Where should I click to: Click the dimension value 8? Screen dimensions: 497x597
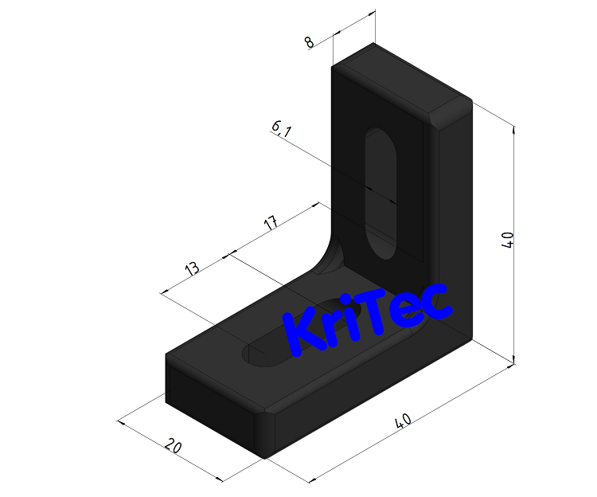310,42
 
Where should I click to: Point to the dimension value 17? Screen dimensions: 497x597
271,222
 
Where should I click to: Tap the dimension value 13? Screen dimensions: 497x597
192,268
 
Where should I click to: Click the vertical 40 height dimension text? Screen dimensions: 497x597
508,240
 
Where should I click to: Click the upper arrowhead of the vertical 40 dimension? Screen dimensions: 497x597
515,129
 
